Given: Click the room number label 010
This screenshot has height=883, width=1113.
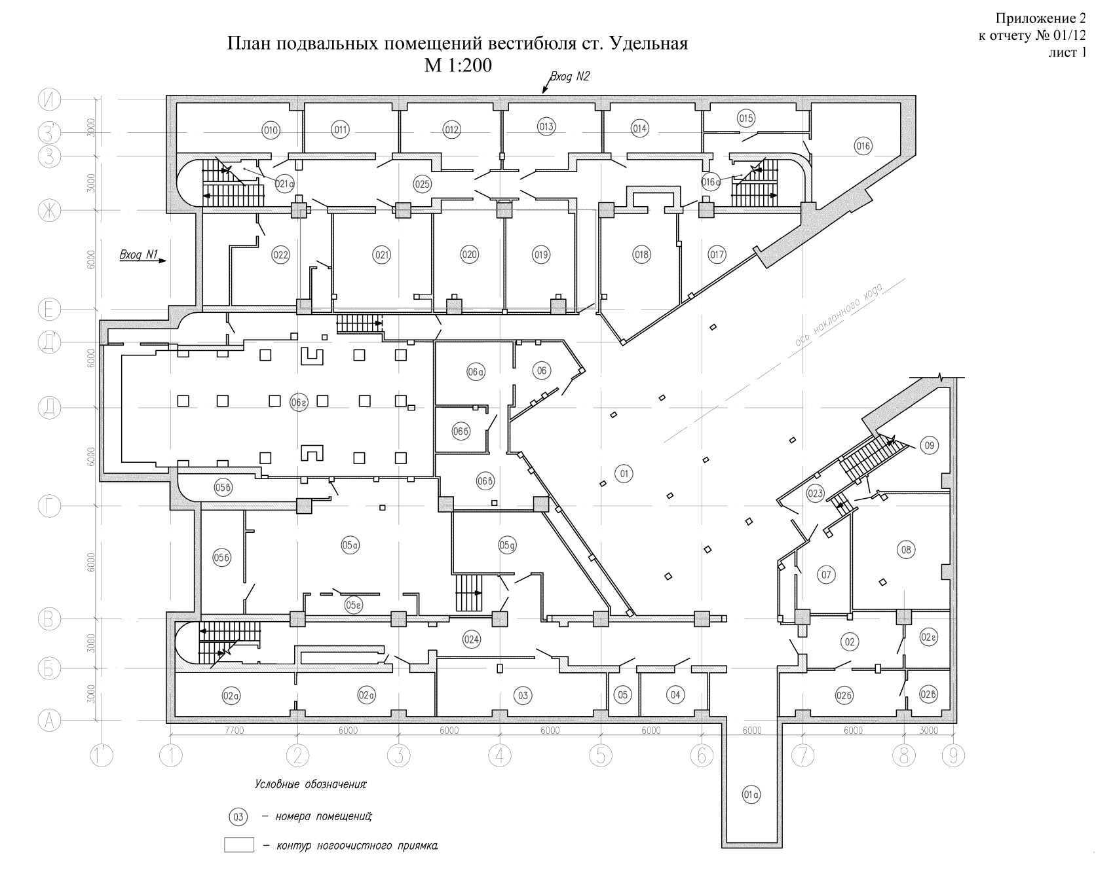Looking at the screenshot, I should coord(271,131).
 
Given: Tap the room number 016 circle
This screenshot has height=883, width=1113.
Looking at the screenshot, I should coord(863,147).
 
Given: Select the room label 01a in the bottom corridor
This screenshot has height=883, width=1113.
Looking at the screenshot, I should coord(751,795).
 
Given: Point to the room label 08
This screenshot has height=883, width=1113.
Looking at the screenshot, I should coord(906,550).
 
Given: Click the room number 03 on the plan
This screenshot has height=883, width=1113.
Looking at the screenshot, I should coord(522,695).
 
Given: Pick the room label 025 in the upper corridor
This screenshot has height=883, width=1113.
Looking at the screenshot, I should coord(422,184).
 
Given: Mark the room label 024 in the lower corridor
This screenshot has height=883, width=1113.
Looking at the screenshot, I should coord(472,640).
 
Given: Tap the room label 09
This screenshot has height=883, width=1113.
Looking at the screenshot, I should coord(929,446).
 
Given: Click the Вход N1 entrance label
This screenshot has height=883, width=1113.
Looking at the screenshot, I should coord(139,255).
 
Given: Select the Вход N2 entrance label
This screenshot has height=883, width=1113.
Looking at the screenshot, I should coord(569,77).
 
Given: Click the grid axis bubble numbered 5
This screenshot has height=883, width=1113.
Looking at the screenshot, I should coord(600,756).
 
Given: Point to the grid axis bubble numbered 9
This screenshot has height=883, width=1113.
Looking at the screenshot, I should coord(953,756).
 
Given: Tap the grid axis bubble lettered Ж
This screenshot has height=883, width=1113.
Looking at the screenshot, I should coord(48,211).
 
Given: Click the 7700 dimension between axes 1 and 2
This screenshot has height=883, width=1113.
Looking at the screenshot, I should coord(234,731).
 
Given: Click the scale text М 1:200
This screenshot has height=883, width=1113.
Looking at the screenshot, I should coord(457,65).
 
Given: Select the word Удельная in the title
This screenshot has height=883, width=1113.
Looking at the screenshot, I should coord(649,44).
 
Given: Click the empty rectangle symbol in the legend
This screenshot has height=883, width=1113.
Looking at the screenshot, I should coord(238,845).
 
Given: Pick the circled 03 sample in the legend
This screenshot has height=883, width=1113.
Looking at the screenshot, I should coord(238,817).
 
